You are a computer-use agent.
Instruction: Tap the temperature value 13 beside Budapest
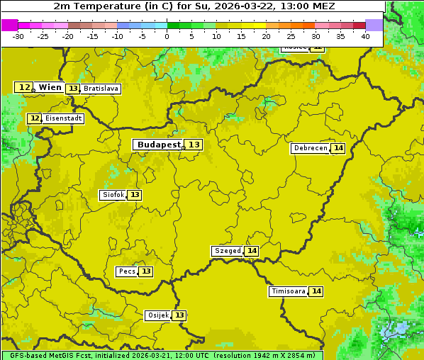(x=194, y=145)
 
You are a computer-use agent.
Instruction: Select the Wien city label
(x=50, y=87)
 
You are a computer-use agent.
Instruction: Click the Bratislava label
(x=100, y=89)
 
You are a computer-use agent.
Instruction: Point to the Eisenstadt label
(x=64, y=118)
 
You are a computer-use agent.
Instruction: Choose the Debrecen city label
(x=310, y=148)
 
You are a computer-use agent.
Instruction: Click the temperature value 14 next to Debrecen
(x=338, y=148)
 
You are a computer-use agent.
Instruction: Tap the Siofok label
(x=113, y=195)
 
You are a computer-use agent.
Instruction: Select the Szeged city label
(x=227, y=251)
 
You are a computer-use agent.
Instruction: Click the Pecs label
(x=127, y=271)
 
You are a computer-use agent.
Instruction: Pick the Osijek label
(x=158, y=315)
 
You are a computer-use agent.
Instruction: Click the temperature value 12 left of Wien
(x=24, y=87)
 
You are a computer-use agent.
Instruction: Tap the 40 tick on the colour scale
(x=365, y=36)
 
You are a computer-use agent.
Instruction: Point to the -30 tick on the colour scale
(x=18, y=36)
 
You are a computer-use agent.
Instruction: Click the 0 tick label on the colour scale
(x=167, y=36)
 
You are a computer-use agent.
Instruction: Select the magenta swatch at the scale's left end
(x=9, y=25)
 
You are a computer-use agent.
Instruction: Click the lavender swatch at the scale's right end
(x=374, y=25)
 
